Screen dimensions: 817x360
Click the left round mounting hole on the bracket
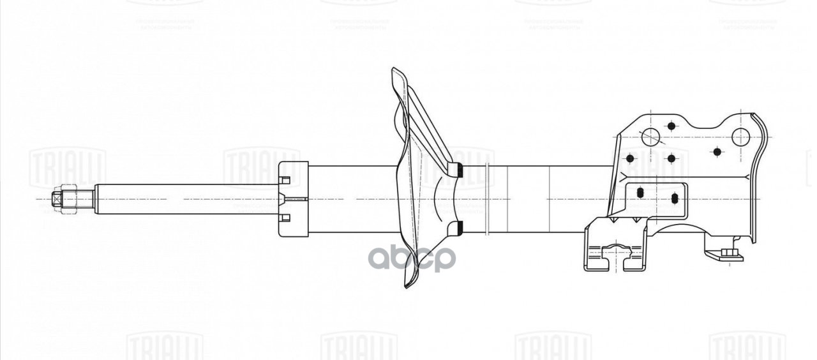[x=650, y=136]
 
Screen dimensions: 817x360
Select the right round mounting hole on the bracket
[x=740, y=136]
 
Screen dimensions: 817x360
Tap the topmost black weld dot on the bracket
[x=670, y=126]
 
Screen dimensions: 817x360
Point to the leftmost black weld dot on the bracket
[x=630, y=158]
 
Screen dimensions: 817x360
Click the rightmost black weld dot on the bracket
[x=717, y=152]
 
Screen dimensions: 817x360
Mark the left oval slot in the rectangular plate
[x=640, y=192]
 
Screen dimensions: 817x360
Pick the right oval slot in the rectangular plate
[x=675, y=199]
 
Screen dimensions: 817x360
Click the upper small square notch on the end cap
[x=285, y=179]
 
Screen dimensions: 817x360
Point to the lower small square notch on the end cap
[x=285, y=218]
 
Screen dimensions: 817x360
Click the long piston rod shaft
[x=185, y=199]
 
